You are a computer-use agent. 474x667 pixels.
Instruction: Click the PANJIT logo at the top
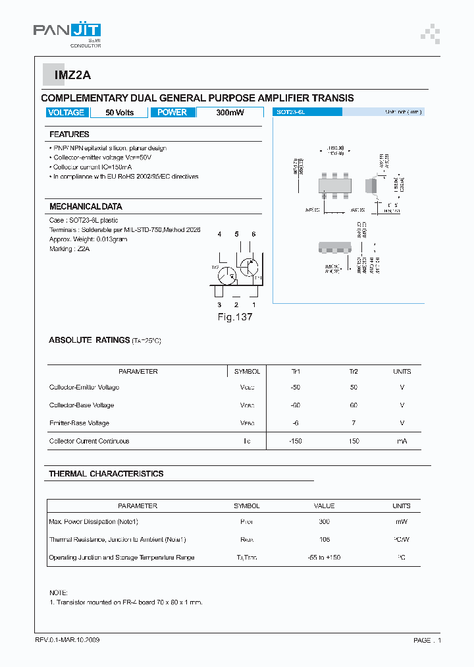pyautogui.click(x=66, y=33)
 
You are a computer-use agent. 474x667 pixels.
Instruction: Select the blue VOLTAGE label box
pyautogui.click(x=66, y=113)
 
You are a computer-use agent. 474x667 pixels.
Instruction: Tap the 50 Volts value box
pyautogui.click(x=120, y=113)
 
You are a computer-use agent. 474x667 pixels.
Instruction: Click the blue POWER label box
pyautogui.click(x=172, y=113)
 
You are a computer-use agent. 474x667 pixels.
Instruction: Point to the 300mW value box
pyautogui.click(x=230, y=113)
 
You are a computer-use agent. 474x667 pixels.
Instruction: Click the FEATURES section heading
pyautogui.click(x=69, y=134)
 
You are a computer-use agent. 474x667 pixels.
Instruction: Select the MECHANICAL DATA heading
pyautogui.click(x=86, y=206)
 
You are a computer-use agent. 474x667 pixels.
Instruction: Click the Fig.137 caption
pyautogui.click(x=235, y=317)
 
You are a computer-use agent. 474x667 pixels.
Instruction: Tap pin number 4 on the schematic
pyautogui.click(x=219, y=235)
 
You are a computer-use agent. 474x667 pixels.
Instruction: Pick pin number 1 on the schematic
pyautogui.click(x=253, y=304)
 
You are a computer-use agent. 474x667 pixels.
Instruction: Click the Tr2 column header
pyautogui.click(x=354, y=372)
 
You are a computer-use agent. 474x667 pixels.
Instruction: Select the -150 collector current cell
pyautogui.click(x=296, y=441)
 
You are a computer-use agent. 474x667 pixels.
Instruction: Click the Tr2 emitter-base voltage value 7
pyautogui.click(x=354, y=423)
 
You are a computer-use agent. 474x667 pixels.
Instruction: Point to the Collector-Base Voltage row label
pyautogui.click(x=82, y=405)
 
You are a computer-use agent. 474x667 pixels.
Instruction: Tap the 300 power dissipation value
pyautogui.click(x=324, y=522)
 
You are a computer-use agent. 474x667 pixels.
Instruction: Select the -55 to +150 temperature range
pyautogui.click(x=324, y=558)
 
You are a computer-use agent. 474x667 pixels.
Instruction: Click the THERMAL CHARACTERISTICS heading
pyautogui.click(x=106, y=474)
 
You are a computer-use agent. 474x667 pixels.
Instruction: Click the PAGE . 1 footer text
pyautogui.click(x=427, y=641)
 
